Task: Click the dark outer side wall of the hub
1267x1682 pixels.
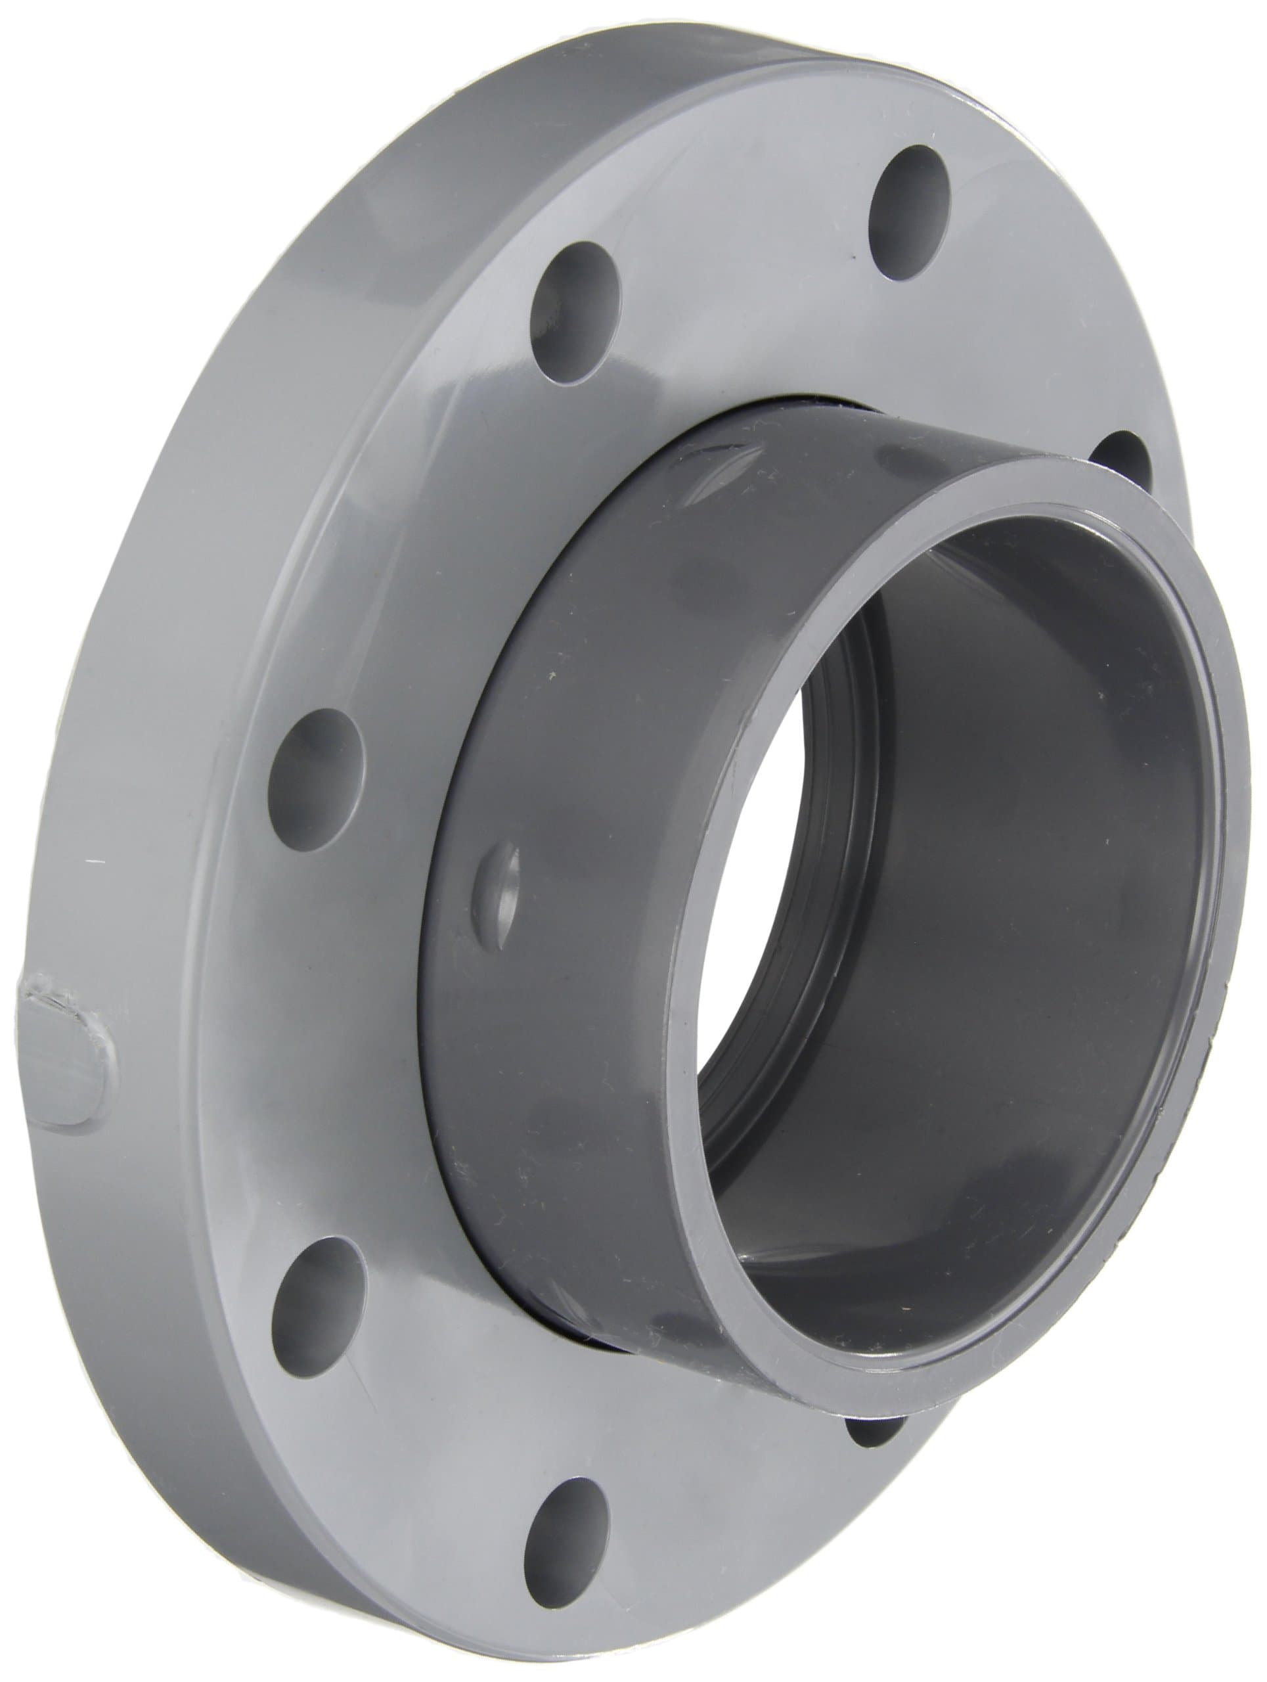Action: pos(577,989)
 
